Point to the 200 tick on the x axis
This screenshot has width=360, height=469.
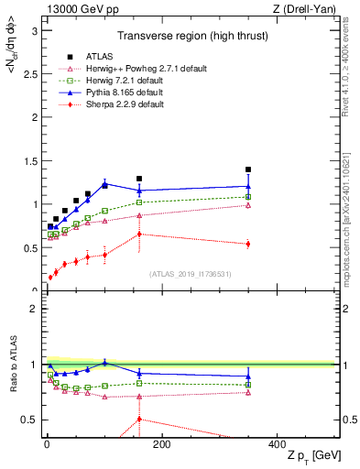tap(161, 443)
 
